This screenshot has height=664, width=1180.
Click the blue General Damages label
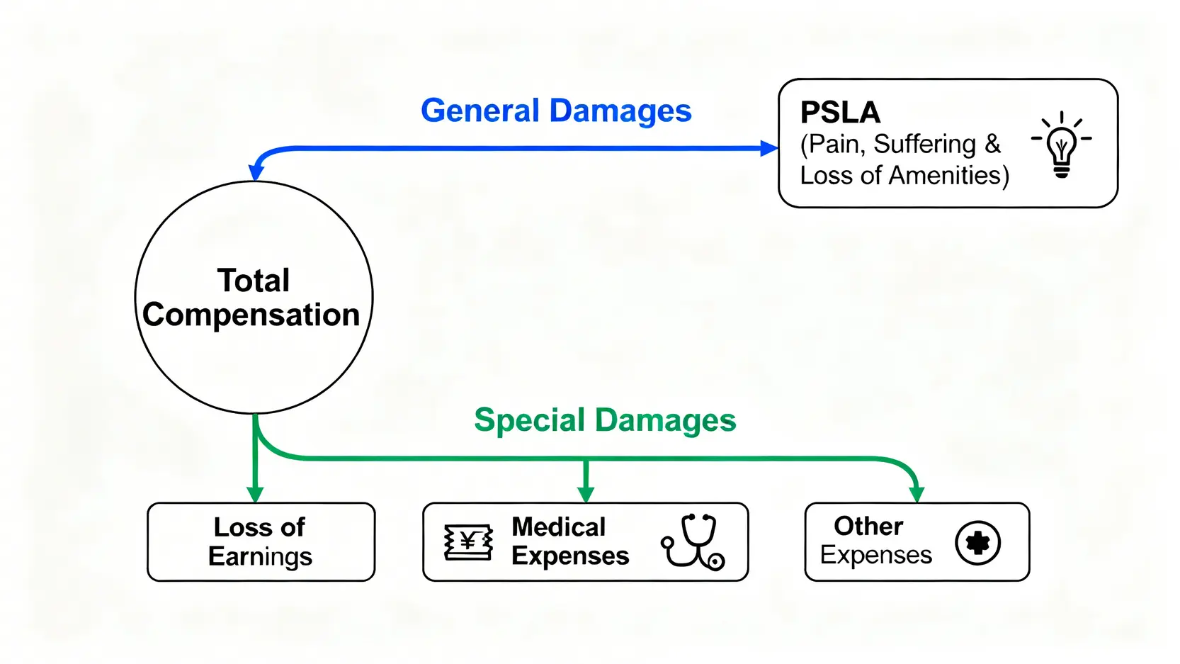556,111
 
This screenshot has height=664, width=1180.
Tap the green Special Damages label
605,420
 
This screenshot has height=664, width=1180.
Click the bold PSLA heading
840,113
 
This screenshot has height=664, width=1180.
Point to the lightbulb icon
1061,145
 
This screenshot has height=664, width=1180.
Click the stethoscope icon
693,542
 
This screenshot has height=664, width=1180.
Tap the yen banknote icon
468,543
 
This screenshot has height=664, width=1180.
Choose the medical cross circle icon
977,544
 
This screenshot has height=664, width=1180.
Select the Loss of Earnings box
261,542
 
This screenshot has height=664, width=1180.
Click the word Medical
558,527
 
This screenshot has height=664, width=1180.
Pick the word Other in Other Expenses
868,527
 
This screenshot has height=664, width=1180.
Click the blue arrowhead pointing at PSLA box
769,149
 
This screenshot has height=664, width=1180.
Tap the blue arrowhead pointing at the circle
256,172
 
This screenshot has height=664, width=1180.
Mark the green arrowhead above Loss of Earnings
256,494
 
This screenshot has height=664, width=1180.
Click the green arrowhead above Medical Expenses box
586,494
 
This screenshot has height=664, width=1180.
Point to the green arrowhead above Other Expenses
917,494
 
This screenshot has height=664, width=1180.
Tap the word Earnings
260,557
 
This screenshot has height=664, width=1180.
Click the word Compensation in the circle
251,315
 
